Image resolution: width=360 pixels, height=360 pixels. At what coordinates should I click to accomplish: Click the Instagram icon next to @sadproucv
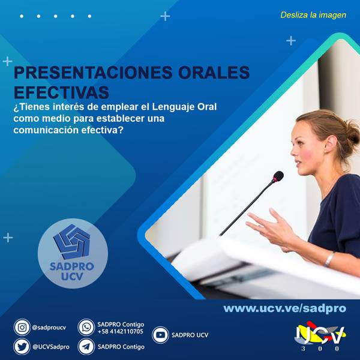(22, 327)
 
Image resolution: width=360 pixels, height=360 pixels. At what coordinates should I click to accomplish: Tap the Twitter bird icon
(22, 347)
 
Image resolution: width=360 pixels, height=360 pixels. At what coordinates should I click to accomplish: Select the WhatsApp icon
(86, 327)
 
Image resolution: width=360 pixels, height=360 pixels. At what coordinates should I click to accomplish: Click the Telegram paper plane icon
(86, 347)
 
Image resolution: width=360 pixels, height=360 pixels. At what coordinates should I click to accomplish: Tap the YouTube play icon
(160, 335)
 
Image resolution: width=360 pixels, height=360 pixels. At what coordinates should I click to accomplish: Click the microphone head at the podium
(278, 176)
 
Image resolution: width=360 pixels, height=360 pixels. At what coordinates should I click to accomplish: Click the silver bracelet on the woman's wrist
(329, 259)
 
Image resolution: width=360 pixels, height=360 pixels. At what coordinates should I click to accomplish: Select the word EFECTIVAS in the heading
(61, 92)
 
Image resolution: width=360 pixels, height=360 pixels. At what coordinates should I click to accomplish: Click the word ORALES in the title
(214, 73)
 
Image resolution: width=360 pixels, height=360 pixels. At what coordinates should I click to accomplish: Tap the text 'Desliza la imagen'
(313, 15)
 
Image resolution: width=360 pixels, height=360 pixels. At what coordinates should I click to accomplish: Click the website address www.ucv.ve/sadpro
(284, 308)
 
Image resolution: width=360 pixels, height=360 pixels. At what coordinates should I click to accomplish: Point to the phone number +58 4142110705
(121, 331)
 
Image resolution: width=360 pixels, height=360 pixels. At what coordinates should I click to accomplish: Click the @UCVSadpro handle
(51, 347)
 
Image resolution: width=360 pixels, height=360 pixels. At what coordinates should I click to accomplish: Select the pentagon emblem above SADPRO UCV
(71, 242)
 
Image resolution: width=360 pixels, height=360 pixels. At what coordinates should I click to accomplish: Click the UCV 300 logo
(320, 337)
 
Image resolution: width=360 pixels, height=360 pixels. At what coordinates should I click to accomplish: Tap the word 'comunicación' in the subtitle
(46, 130)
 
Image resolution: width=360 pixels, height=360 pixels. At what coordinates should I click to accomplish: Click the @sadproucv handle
(49, 328)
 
